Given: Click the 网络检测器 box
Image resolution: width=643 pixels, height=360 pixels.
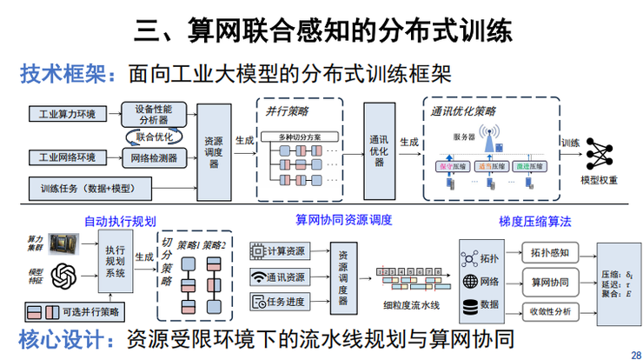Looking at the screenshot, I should click(x=154, y=157).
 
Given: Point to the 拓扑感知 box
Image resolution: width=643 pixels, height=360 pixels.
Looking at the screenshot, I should click(x=549, y=253).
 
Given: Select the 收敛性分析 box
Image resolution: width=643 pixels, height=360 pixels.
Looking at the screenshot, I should click(x=549, y=310).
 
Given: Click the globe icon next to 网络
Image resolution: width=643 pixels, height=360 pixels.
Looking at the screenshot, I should click(x=471, y=282).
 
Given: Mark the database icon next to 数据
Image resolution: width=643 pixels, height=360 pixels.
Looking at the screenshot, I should click(x=471, y=305).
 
